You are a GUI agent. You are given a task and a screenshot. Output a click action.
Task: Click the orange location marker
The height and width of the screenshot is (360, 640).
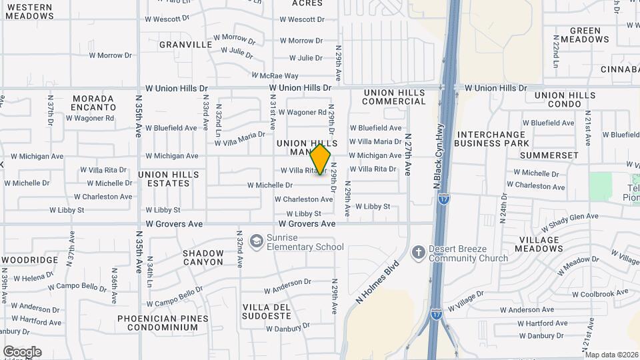(321, 159)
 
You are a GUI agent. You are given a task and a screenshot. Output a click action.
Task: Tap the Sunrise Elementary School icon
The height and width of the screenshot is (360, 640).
(255, 241)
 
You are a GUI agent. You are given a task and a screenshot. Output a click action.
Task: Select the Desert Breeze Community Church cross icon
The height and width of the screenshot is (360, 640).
(418, 252)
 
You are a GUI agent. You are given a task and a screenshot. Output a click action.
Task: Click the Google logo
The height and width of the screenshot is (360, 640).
(22, 351)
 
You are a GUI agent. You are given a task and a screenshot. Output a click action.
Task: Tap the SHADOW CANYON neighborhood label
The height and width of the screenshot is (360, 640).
(203, 257)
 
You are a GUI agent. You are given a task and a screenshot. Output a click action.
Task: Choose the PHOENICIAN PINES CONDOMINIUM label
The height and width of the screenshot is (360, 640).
(158, 323)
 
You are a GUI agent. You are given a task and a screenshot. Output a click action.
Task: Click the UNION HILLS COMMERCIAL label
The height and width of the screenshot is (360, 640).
(394, 97)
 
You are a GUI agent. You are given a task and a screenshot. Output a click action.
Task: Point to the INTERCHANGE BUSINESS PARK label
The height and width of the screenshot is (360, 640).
(493, 139)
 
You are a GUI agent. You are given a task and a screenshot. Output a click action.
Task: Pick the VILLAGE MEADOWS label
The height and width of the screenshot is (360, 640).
(540, 244)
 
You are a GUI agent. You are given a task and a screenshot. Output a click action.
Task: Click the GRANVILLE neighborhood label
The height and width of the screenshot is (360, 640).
(185, 45)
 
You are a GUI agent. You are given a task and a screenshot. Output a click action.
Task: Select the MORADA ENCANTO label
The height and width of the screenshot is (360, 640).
(93, 103)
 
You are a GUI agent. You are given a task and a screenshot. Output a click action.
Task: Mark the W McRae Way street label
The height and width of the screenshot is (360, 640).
(275, 75)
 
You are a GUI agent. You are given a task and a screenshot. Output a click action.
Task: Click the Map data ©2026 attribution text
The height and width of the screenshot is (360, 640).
(611, 355)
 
